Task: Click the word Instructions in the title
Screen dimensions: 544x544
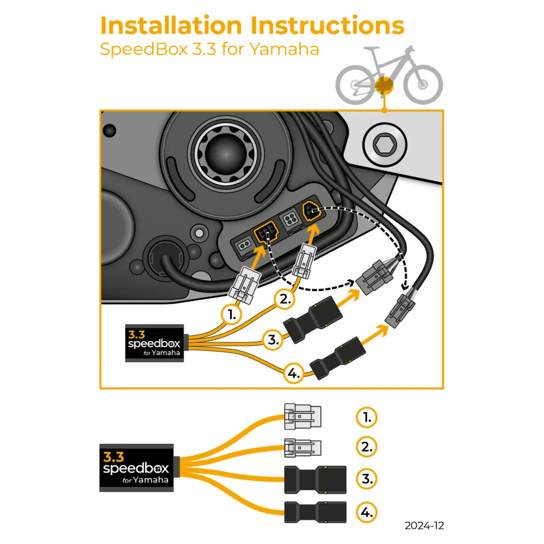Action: pos(326,26)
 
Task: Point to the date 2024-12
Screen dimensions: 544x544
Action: pos(424,526)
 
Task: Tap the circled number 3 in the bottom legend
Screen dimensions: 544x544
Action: pos(367,479)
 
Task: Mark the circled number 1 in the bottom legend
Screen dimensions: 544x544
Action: pos(367,418)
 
